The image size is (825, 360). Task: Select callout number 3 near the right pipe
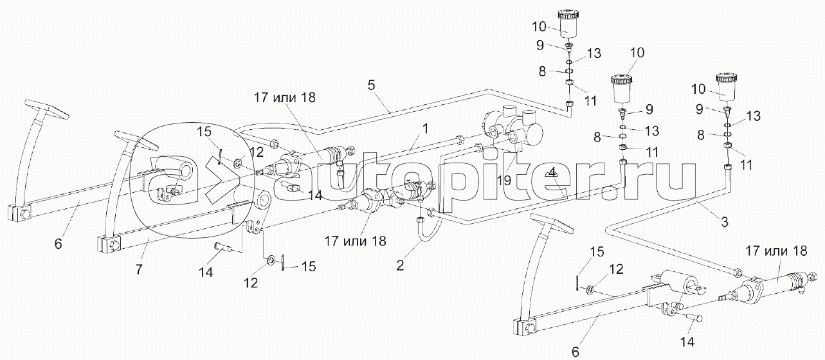[725, 223]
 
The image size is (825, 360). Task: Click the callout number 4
[553, 173]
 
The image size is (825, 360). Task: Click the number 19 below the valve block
[504, 181]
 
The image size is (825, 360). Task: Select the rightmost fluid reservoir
[730, 87]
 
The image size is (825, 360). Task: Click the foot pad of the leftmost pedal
[46, 109]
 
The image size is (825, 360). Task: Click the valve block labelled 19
[511, 129]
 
